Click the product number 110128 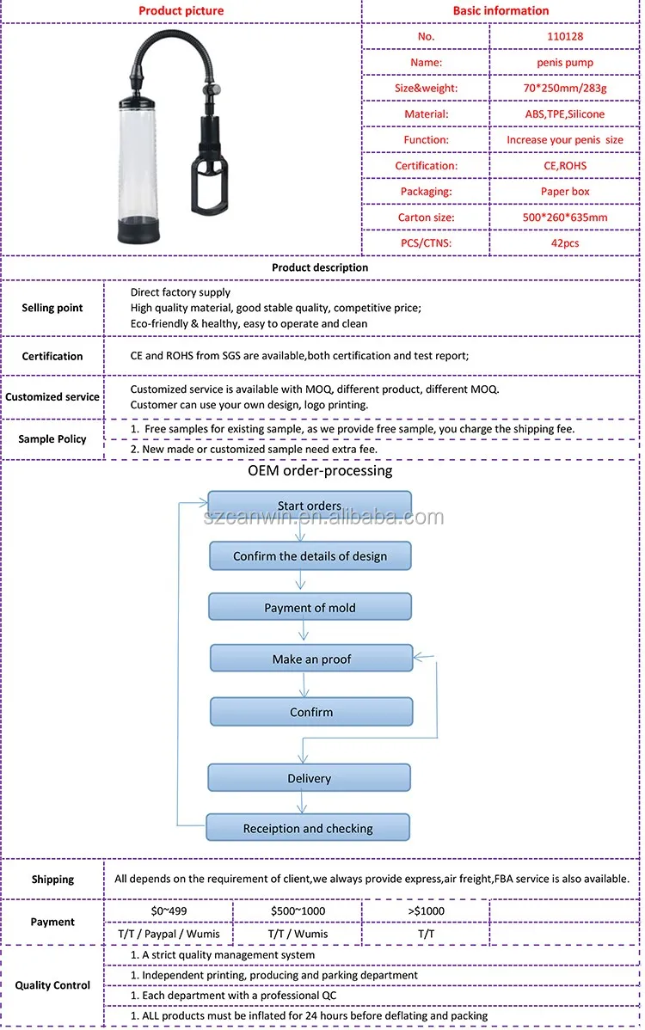pyautogui.click(x=564, y=36)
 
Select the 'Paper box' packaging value pyautogui.click(x=564, y=191)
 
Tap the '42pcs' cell pyautogui.click(x=564, y=242)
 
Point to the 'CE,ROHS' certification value pyautogui.click(x=564, y=165)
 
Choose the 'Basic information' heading pyautogui.click(x=501, y=10)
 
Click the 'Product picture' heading pyautogui.click(x=181, y=10)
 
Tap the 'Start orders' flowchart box pyautogui.click(x=310, y=505)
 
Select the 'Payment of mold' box pyautogui.click(x=310, y=608)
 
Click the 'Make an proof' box pyautogui.click(x=311, y=659)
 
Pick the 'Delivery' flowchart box pyautogui.click(x=309, y=778)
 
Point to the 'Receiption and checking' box pyautogui.click(x=307, y=829)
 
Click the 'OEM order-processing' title pyautogui.click(x=320, y=470)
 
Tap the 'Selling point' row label pyautogui.click(x=52, y=308)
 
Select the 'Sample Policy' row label pyautogui.click(x=52, y=438)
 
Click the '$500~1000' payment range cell pyautogui.click(x=298, y=910)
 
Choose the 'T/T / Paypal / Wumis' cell pyautogui.click(x=168, y=934)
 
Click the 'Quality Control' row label pyautogui.click(x=52, y=985)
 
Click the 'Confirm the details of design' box pyautogui.click(x=310, y=556)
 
